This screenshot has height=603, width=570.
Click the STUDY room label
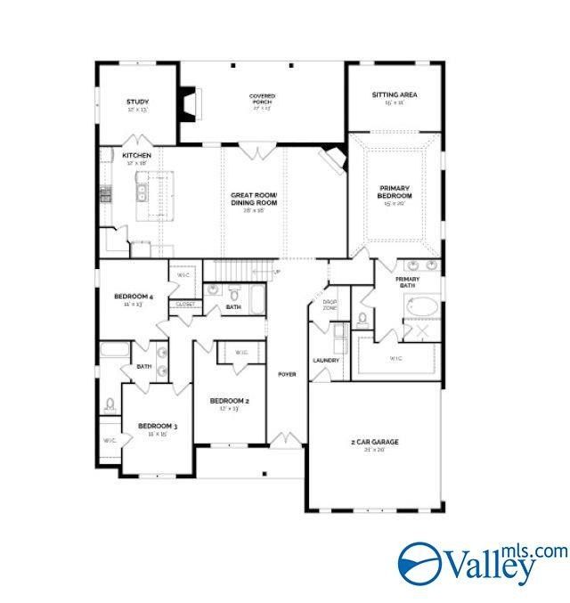137,102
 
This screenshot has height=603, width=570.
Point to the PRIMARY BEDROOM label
395,191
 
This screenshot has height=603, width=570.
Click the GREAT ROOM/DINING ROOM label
255,199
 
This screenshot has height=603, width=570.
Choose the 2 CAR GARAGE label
373,442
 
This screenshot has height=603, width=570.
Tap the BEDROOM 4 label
134,296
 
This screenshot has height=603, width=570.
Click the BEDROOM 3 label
157,428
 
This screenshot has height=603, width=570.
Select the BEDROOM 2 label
229,401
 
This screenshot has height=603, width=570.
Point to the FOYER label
286,374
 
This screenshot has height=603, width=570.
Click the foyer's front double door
286,440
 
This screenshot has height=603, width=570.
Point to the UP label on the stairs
277,272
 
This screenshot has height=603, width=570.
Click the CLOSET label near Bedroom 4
184,304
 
